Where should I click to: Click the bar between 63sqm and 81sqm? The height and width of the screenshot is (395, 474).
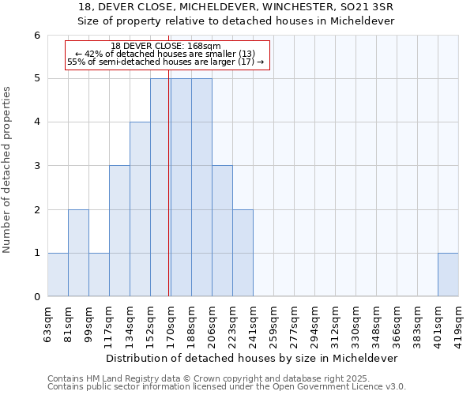coord(58,275)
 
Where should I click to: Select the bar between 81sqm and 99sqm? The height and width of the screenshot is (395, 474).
coord(78,253)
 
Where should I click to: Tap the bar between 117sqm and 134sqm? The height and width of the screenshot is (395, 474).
coord(119,231)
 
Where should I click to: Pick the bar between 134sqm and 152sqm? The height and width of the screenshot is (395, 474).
coord(140,209)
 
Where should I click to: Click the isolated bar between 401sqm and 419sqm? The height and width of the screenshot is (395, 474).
coord(448,275)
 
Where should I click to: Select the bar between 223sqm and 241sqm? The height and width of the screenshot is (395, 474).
coord(243,253)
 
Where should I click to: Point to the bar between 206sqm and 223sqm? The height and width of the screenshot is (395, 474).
coord(222,231)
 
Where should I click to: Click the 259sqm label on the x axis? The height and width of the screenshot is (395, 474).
coord(273,319)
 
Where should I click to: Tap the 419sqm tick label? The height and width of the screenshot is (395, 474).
coord(458,319)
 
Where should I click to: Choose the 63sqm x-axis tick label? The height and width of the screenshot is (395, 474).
coord(47,319)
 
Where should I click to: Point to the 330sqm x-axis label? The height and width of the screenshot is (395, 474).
coord(355,319)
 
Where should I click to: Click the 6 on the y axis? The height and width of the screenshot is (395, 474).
coord(37,35)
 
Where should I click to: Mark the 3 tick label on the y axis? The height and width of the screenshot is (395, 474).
coord(37,166)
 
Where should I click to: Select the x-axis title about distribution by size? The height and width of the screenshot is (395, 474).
coord(253,358)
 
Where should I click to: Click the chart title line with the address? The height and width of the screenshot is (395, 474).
coord(236,7)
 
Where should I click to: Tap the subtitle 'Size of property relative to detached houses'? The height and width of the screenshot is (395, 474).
coord(236,21)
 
